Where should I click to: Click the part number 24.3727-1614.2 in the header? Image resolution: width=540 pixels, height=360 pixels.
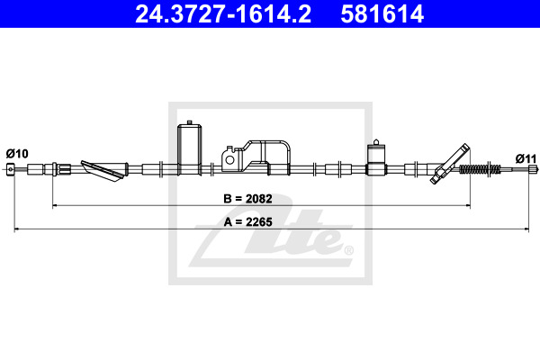223,14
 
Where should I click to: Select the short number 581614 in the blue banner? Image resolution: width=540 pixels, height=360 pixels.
382,14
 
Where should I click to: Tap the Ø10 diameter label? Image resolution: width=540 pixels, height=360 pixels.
17,154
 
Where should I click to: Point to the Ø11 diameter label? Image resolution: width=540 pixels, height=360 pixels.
526,158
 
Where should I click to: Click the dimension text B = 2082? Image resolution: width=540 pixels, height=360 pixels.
247,199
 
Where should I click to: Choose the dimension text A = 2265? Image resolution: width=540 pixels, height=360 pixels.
248,222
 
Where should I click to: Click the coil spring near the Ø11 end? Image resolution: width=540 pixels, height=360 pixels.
480,169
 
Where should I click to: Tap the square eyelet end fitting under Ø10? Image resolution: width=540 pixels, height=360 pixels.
11,169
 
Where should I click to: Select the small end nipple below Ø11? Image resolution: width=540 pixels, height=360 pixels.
533,169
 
